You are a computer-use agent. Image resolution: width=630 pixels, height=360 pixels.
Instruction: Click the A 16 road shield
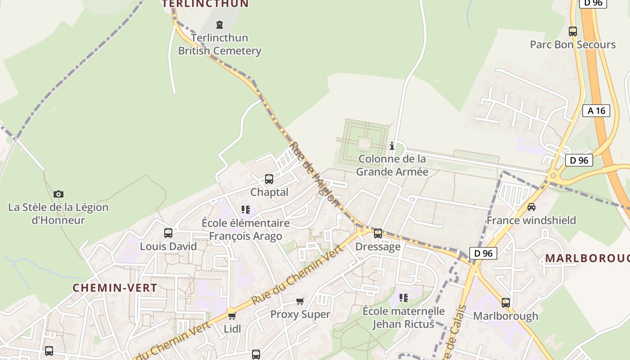click(x=597, y=111)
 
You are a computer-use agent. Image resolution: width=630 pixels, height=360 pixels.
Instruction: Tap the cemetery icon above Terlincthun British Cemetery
click(x=220, y=24)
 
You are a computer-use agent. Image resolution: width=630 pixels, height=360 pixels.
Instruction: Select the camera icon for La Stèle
click(x=58, y=194)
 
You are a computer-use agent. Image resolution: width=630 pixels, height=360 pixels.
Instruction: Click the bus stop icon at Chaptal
click(x=269, y=179)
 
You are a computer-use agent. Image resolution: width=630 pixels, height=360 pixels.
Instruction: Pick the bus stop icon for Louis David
click(x=168, y=233)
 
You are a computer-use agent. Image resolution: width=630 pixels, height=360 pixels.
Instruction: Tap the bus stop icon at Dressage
click(x=378, y=233)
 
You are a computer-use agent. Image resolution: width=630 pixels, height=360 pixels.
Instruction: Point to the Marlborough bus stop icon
click(x=506, y=302)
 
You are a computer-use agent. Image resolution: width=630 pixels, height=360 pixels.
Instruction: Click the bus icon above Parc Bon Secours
click(x=573, y=31)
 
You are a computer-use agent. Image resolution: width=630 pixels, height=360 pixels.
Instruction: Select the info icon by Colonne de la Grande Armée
click(x=392, y=146)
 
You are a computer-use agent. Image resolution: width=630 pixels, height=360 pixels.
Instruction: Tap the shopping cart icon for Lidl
click(x=232, y=316)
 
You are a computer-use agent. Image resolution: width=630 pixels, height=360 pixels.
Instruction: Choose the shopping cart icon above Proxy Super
click(x=300, y=301)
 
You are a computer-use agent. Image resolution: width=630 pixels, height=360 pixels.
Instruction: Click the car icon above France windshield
click(x=531, y=207)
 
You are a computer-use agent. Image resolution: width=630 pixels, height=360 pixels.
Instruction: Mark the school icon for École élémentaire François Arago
click(x=246, y=209)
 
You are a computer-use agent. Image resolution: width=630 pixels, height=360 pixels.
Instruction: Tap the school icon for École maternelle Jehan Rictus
click(x=404, y=297)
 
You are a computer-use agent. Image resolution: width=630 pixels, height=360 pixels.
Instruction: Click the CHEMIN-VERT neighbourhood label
click(x=115, y=288)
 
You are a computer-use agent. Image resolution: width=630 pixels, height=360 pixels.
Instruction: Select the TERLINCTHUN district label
click(x=205, y=4)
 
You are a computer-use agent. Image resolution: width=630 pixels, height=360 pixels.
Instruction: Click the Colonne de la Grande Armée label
click(x=392, y=165)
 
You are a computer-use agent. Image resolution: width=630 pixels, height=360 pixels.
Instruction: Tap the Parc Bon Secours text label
click(x=572, y=45)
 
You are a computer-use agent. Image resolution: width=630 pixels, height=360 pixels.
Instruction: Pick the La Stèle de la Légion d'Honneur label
click(x=58, y=214)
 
